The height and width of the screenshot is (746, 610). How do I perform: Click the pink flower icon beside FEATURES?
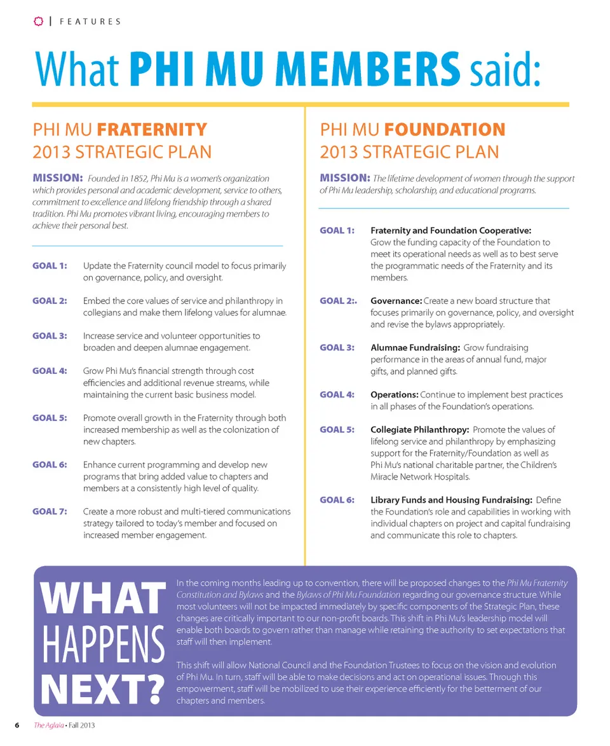(x=38, y=21)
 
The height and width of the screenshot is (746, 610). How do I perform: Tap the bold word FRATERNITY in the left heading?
(x=152, y=130)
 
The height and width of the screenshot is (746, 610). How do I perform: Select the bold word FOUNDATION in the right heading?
(x=445, y=130)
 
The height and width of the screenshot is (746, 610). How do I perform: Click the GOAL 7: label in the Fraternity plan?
(x=50, y=511)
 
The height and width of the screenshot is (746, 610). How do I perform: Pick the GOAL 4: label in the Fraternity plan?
(x=50, y=371)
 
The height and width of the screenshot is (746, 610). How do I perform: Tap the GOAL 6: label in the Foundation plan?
(x=337, y=500)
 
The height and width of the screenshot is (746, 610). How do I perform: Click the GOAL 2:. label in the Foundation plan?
(x=339, y=301)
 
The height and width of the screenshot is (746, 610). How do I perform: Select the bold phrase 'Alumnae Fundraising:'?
(x=415, y=348)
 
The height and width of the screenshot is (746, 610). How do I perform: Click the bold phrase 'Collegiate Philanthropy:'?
(x=419, y=430)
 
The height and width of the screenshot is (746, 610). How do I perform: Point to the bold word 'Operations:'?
(x=394, y=395)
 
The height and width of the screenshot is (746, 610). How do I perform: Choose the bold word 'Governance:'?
(x=396, y=301)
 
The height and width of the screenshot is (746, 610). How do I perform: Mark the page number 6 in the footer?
(x=17, y=726)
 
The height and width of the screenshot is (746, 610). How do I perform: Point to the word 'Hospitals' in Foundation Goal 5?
(x=451, y=477)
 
